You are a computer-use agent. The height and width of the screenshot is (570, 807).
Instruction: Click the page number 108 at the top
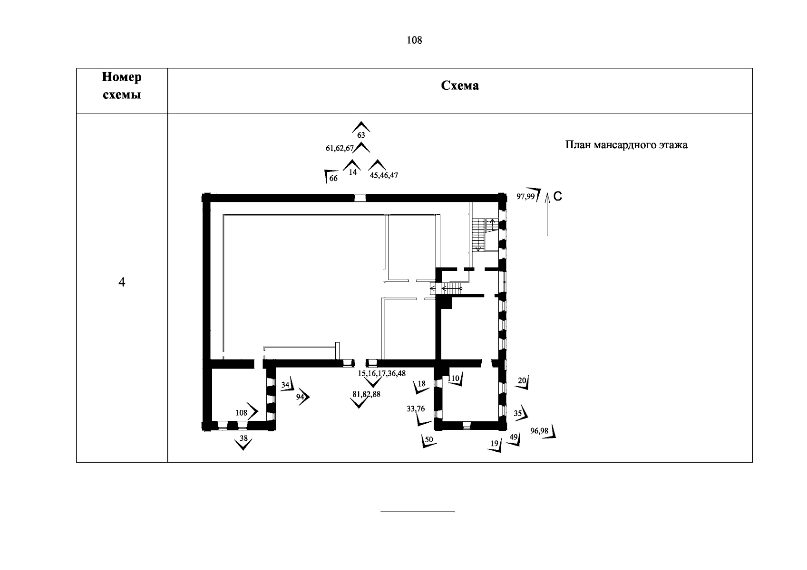pyautogui.click(x=414, y=40)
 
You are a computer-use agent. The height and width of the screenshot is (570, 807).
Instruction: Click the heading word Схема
pyautogui.click(x=460, y=85)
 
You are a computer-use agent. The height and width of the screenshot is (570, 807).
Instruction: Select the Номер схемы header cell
pyautogui.click(x=122, y=86)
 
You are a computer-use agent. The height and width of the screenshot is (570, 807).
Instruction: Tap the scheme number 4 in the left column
pyautogui.click(x=122, y=283)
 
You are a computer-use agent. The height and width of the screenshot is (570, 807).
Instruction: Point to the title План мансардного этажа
pyautogui.click(x=626, y=145)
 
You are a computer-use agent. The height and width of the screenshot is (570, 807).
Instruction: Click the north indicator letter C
pyautogui.click(x=558, y=196)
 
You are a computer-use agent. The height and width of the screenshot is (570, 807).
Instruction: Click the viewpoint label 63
pyautogui.click(x=361, y=135)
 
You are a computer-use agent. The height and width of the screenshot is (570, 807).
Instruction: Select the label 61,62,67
pyautogui.click(x=340, y=149)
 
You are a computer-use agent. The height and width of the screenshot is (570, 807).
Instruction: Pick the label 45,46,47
pyautogui.click(x=384, y=175)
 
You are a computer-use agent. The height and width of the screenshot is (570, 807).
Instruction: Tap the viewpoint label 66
pyautogui.click(x=333, y=179)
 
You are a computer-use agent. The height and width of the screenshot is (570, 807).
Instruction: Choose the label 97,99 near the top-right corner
pyautogui.click(x=525, y=196)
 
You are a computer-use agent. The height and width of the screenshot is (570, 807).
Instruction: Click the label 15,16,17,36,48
pyautogui.click(x=382, y=374)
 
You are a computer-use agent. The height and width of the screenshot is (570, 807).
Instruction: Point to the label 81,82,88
pyautogui.click(x=366, y=394)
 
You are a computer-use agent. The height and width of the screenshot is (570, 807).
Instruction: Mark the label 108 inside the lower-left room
pyautogui.click(x=242, y=413)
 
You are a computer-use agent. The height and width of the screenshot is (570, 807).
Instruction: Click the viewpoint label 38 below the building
pyautogui.click(x=243, y=439)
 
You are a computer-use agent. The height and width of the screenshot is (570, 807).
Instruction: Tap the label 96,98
pyautogui.click(x=539, y=431)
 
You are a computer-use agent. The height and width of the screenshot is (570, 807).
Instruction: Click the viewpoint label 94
pyautogui.click(x=300, y=397)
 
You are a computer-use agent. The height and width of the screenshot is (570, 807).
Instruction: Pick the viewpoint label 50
pyautogui.click(x=429, y=440)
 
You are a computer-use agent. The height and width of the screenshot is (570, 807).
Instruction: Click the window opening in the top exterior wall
pyautogui.click(x=360, y=198)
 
